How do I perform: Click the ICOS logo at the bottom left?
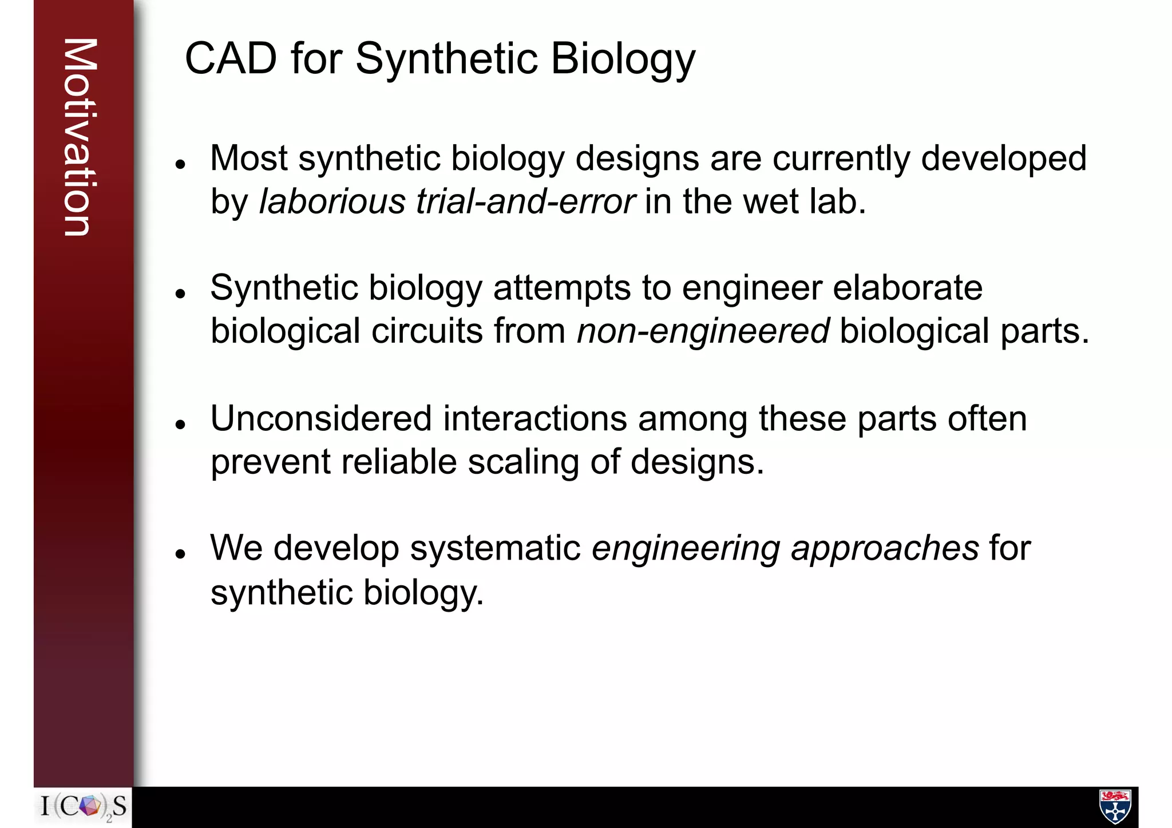coord(84,807)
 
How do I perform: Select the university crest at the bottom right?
coord(1115,806)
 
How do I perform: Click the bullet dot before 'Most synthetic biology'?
coord(181,165)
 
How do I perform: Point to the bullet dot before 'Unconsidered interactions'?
coord(181,425)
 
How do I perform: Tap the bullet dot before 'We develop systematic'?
coord(181,554)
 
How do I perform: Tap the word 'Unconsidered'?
coord(321,418)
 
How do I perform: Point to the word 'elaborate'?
coord(908,287)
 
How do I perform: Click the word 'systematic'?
coord(496,548)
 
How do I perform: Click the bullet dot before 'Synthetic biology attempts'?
coord(181,294)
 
